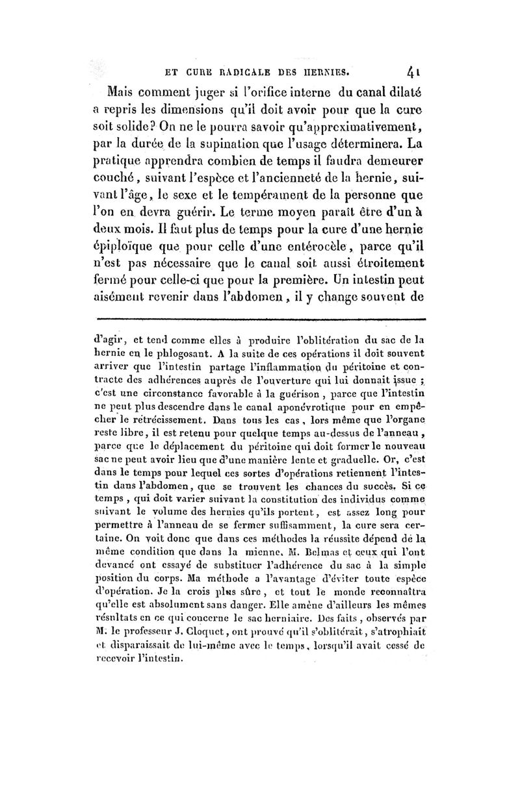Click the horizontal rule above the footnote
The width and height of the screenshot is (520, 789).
260,319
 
